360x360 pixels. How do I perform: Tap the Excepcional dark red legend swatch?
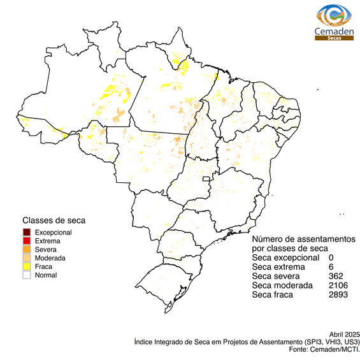27,232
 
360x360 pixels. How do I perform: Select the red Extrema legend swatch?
27,241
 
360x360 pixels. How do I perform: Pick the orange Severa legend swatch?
27,249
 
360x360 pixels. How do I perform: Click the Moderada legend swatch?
27,258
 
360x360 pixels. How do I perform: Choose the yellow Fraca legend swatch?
27,266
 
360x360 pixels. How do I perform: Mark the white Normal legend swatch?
27,275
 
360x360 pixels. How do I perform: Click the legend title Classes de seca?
54,220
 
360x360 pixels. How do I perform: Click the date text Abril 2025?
345,335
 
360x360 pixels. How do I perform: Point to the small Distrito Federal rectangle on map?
206,181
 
